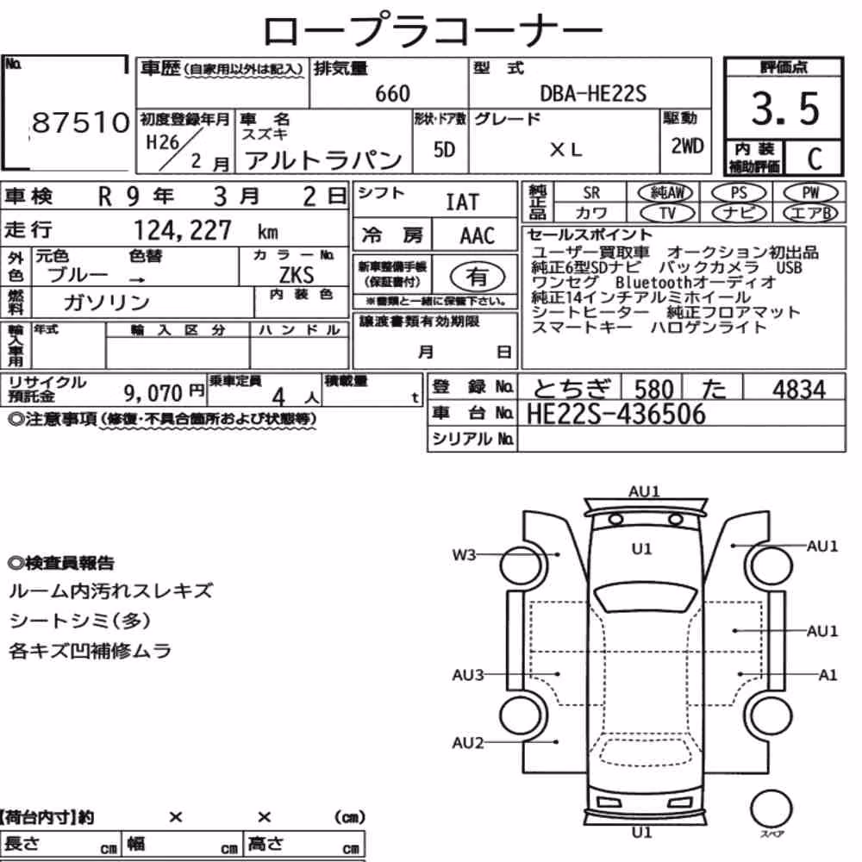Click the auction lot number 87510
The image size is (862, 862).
click(x=80, y=122)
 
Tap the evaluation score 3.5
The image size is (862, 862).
click(x=785, y=109)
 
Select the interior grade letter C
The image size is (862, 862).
click(x=815, y=159)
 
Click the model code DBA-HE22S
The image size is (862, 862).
click(x=593, y=93)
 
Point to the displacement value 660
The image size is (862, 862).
click(x=392, y=93)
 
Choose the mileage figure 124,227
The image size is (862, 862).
click(x=183, y=230)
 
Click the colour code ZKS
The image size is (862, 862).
click(x=297, y=274)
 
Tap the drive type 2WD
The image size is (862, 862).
click(x=687, y=146)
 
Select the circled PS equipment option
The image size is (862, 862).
click(x=739, y=193)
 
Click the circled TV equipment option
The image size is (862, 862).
click(x=667, y=213)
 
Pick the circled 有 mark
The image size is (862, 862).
click(x=478, y=277)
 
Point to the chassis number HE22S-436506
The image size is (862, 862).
click(x=615, y=414)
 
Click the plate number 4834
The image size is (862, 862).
click(x=798, y=390)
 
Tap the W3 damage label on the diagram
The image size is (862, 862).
click(x=464, y=554)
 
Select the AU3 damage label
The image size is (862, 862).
click(x=467, y=675)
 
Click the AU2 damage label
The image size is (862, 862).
click(x=467, y=743)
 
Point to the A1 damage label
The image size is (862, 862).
click(x=828, y=675)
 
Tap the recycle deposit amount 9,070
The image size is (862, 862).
click(x=153, y=393)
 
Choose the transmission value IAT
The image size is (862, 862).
click(x=462, y=203)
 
